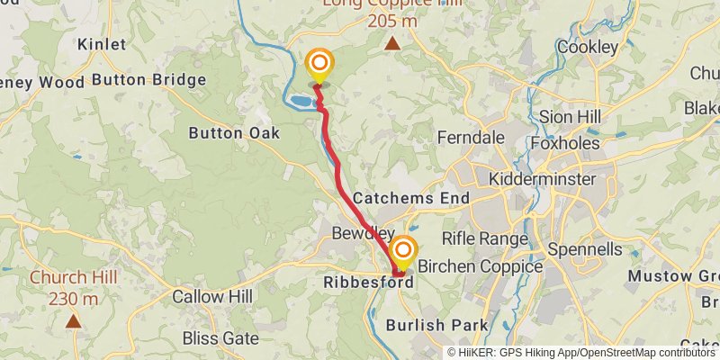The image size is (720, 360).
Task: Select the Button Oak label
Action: click(234, 133)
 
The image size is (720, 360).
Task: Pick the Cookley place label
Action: click(588, 47)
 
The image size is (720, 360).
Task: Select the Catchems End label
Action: click(411, 197)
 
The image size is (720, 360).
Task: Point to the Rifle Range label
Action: click(484, 238)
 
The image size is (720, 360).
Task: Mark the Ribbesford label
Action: click(367, 282)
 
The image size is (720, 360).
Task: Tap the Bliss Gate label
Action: click(220, 338)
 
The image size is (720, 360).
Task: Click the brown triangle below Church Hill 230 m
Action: click(73, 319)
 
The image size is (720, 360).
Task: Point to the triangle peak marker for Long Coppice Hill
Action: click(392, 43)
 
